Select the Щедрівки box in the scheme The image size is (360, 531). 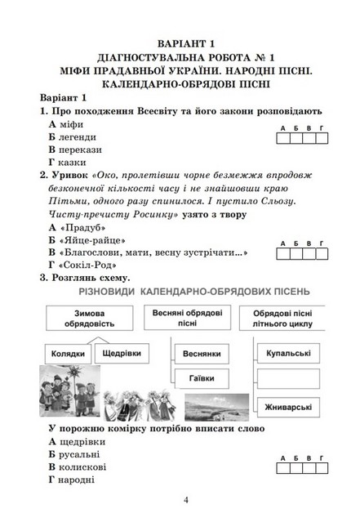[123, 354]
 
